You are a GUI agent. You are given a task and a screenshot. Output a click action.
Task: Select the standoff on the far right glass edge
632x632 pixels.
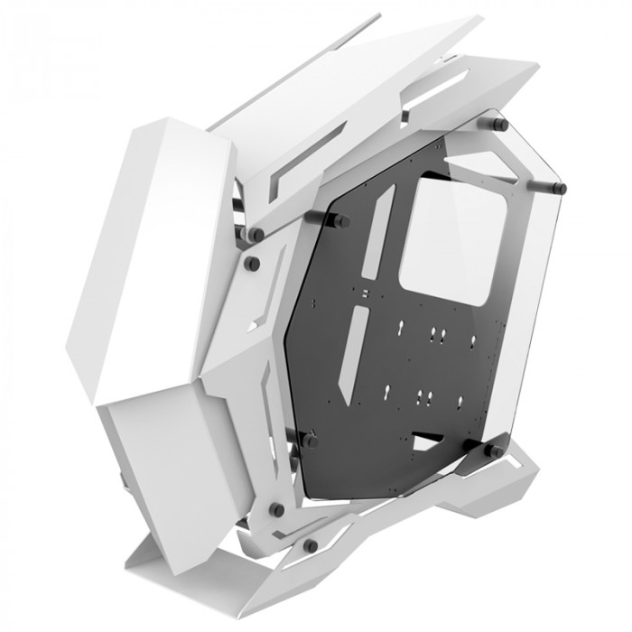click(559, 187)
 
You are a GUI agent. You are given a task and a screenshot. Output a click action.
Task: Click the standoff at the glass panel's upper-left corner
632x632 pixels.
click(343, 219)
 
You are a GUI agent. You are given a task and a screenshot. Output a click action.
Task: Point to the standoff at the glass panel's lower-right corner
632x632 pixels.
click(495, 449)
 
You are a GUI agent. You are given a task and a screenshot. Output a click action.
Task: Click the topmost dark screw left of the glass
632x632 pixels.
click(256, 234)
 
